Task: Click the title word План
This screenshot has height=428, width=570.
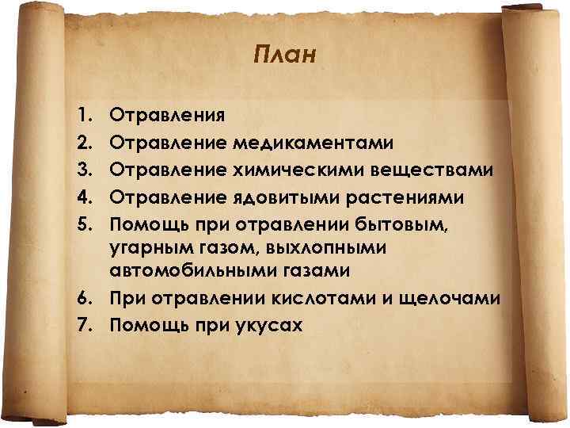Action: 286,55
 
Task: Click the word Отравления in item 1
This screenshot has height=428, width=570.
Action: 167,116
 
